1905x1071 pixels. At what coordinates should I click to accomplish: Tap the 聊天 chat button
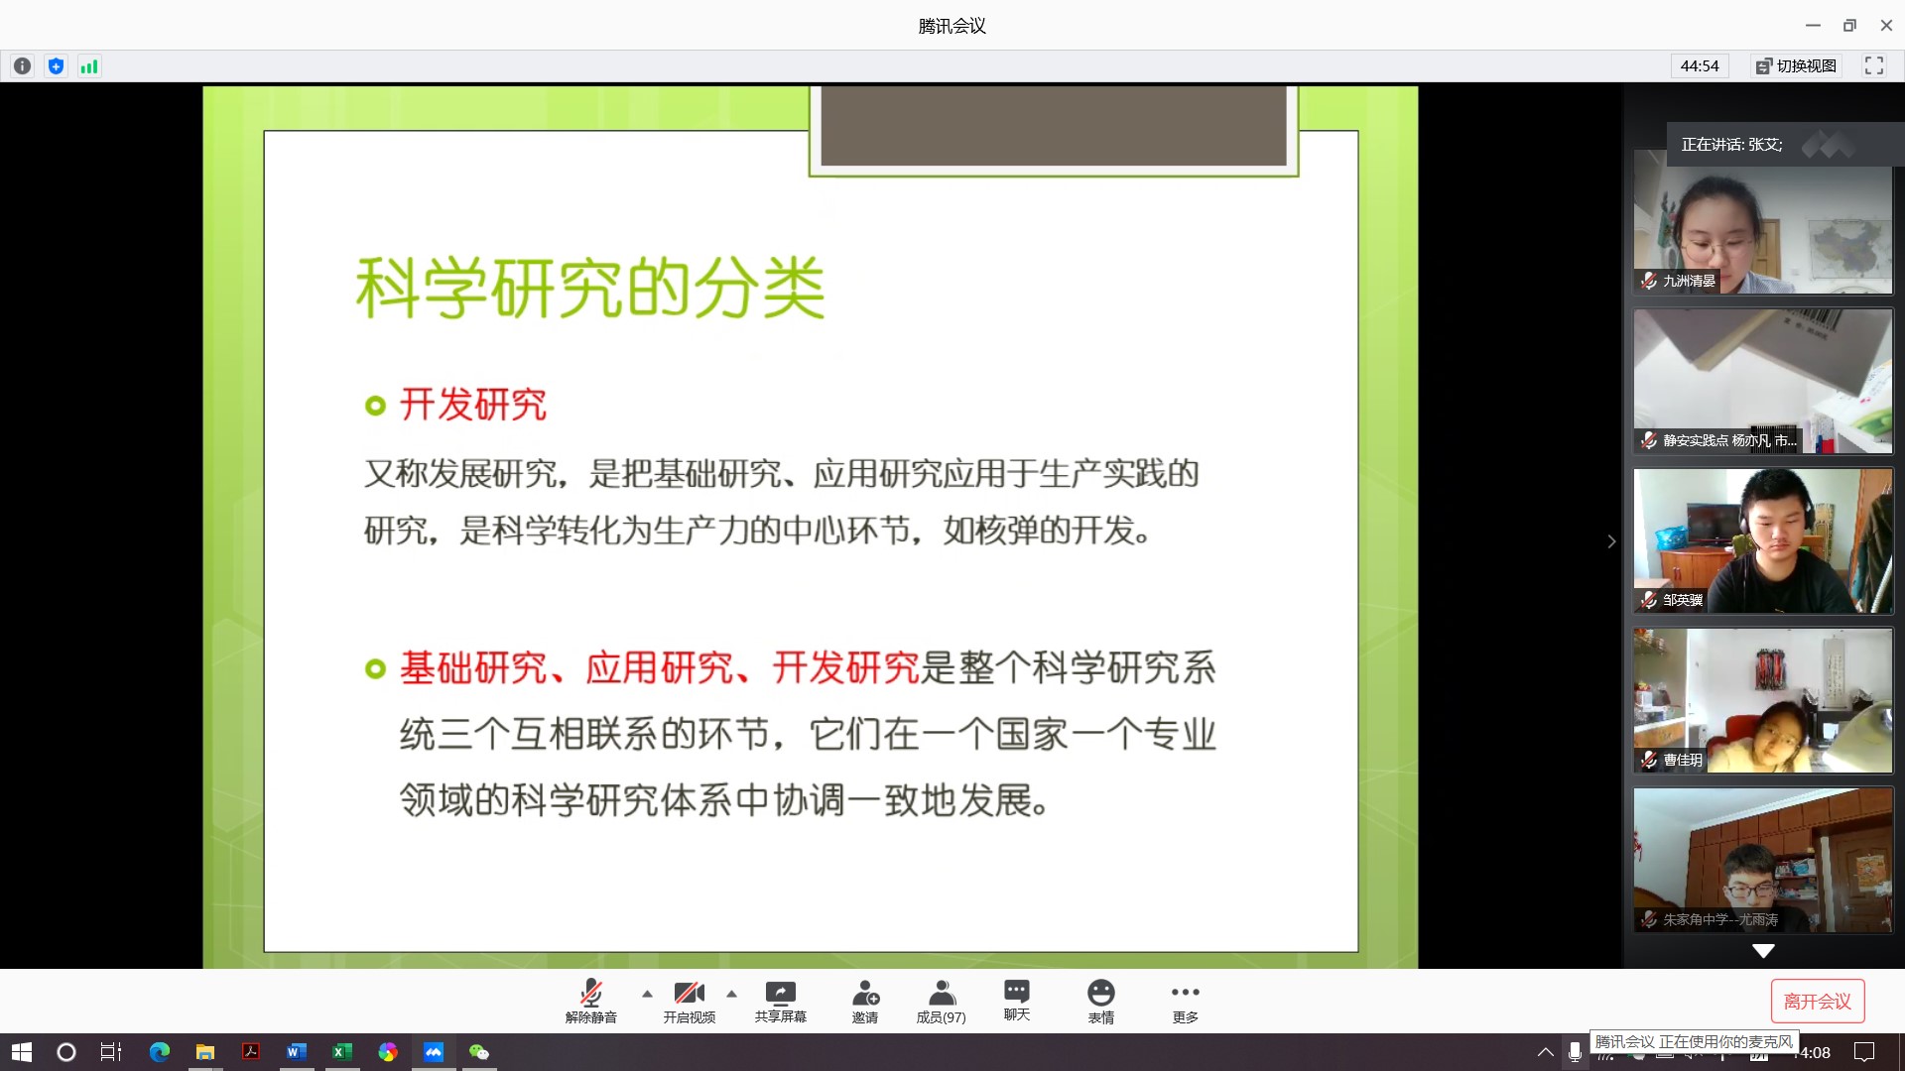point(1017,1000)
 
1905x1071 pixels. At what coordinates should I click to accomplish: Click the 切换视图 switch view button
point(1797,65)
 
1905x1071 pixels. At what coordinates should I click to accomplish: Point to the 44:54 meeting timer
point(1700,65)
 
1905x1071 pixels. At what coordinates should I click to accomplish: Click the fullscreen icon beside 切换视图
point(1874,65)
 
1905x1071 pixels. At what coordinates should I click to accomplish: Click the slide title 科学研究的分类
point(590,288)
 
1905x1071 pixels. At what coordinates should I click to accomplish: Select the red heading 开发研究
point(473,405)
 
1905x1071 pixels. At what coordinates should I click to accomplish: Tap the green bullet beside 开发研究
point(375,406)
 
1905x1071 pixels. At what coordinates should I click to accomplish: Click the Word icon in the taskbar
point(296,1052)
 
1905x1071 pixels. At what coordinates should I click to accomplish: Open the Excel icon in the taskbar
point(341,1052)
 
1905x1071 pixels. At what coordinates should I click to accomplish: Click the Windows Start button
point(22,1052)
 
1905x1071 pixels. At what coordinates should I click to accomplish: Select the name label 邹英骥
point(1683,600)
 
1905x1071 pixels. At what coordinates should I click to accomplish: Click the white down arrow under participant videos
point(1763,951)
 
